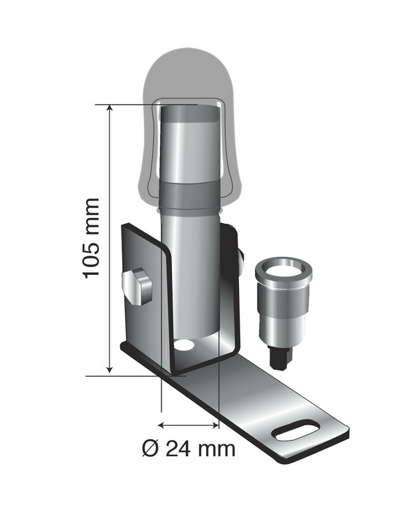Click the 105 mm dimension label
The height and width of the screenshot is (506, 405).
point(91,238)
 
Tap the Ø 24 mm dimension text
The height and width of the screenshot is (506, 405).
point(189,448)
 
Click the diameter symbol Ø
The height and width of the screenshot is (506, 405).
point(151,448)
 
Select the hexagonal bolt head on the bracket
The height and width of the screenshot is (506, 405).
point(137,286)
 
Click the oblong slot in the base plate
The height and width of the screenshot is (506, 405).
point(296,430)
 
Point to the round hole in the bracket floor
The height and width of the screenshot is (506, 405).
point(184,345)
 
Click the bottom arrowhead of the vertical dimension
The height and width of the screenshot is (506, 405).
point(110,369)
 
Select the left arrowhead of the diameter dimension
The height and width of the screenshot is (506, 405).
point(162,425)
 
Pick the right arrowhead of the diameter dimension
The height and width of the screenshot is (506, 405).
point(215,425)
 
